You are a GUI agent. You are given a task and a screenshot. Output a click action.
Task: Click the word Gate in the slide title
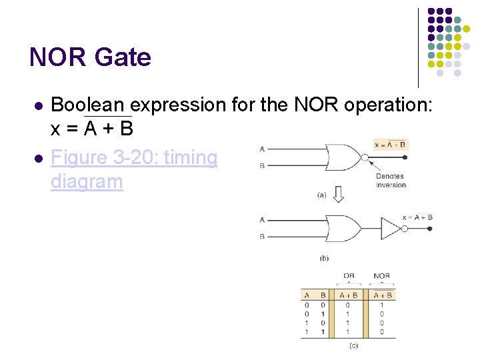click(123, 57)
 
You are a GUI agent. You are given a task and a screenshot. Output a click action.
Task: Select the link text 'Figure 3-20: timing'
click(134, 158)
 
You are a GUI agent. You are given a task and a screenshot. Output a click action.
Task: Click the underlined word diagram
click(87, 181)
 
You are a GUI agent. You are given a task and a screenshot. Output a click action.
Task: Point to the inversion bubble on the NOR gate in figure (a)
click(363, 157)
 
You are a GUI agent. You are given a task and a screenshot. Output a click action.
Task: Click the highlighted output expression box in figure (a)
click(390, 144)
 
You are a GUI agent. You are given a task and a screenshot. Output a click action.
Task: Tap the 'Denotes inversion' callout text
click(390, 180)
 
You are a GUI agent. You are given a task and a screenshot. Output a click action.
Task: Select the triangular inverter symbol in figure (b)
click(390, 227)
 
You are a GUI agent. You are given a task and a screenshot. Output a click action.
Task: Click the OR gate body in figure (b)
click(343, 227)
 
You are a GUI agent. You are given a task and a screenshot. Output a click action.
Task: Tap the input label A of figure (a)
click(262, 149)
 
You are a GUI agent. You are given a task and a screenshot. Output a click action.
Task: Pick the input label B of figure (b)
click(262, 236)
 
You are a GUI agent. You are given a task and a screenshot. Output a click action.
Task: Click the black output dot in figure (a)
click(405, 157)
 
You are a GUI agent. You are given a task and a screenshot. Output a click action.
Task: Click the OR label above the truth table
click(349, 275)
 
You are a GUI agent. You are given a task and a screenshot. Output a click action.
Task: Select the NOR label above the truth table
click(381, 275)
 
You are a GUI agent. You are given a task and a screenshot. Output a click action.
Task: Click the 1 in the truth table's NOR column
click(382, 305)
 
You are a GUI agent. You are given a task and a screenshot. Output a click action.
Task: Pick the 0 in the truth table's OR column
click(348, 305)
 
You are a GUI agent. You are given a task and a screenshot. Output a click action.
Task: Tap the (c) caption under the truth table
click(353, 345)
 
